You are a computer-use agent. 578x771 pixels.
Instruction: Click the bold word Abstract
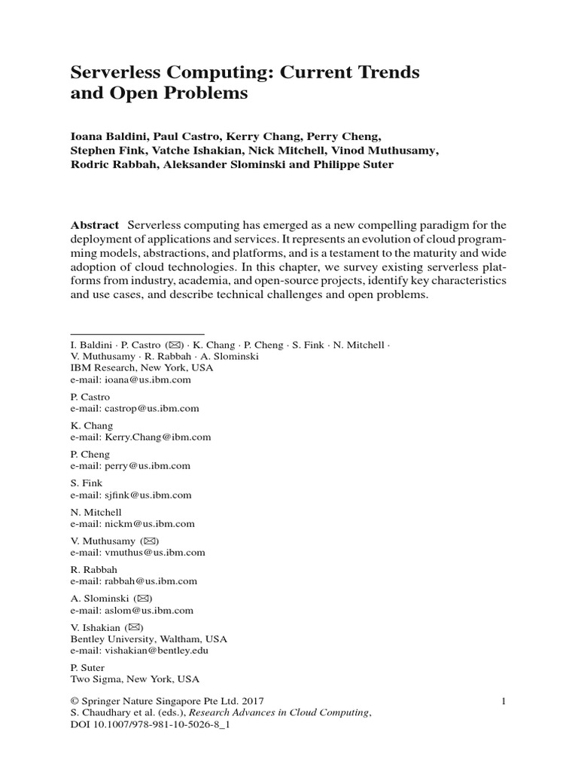(x=95, y=225)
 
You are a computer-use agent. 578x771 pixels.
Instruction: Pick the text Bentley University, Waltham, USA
(x=148, y=638)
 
